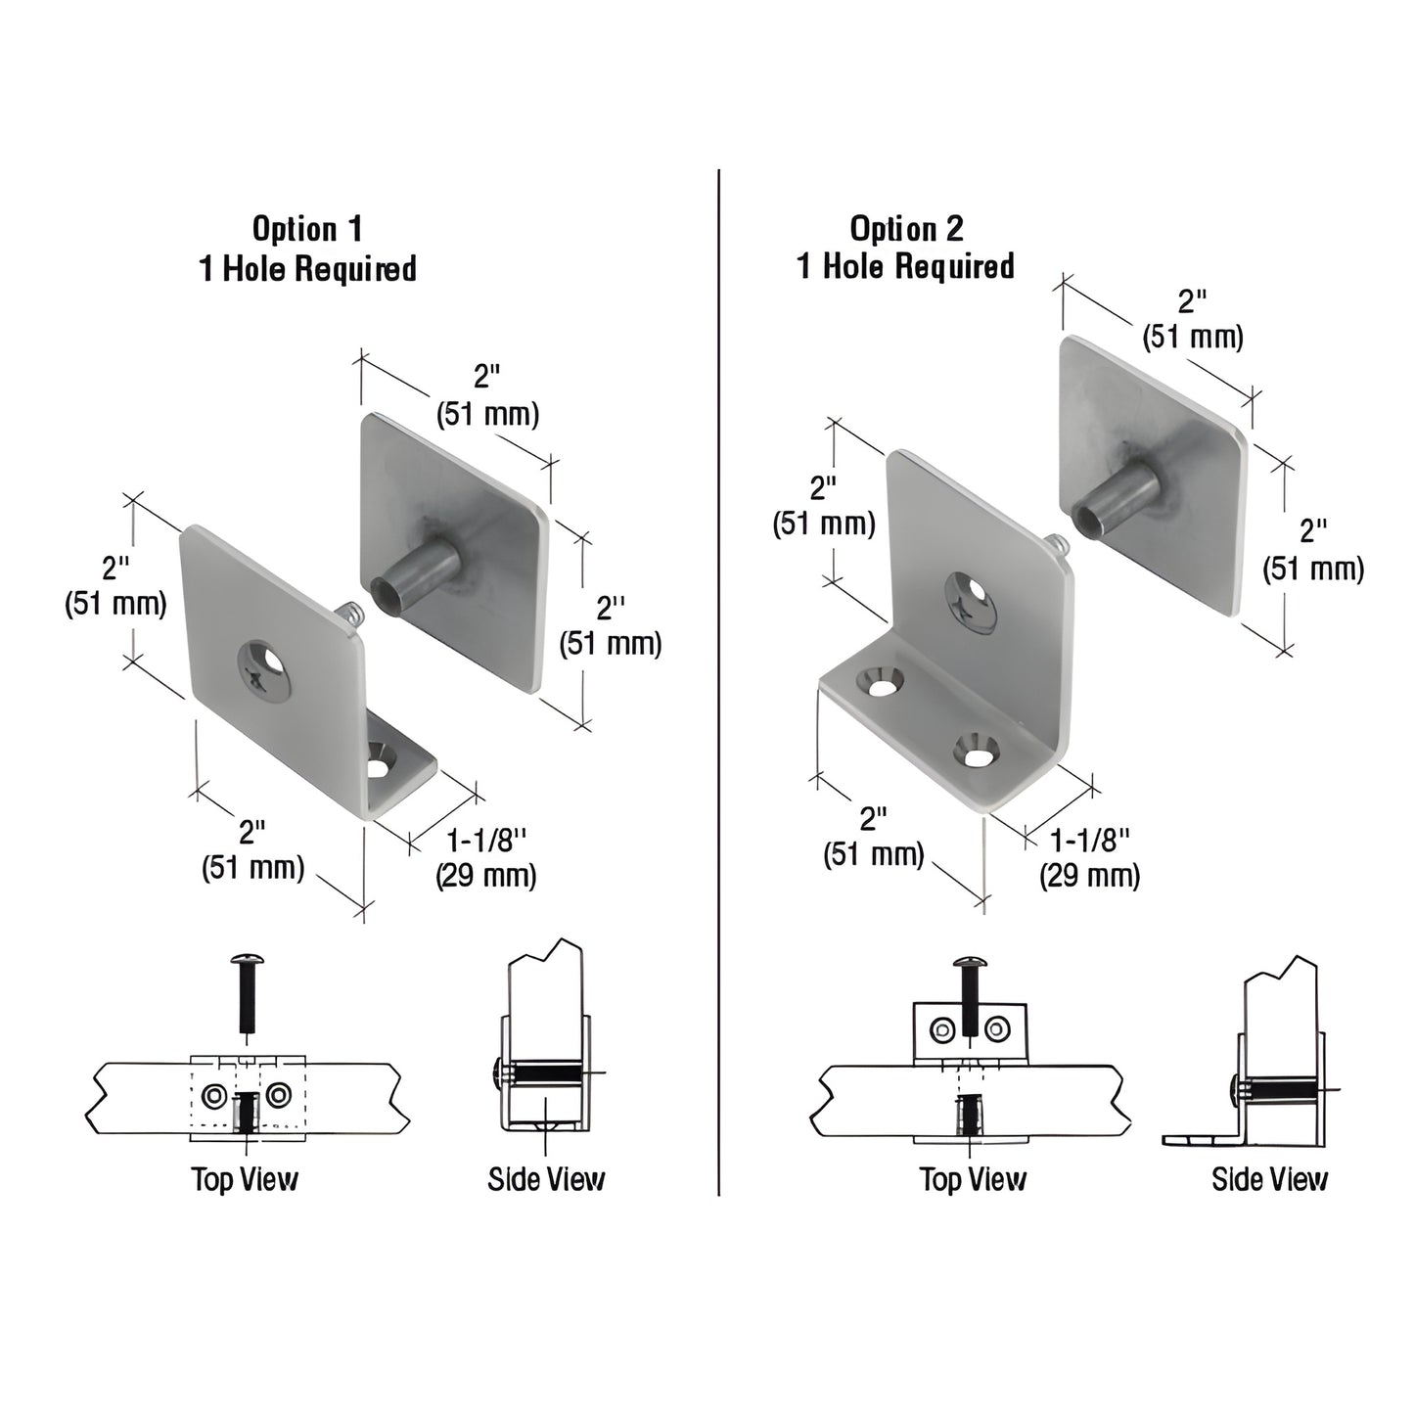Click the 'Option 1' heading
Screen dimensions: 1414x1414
[307, 229]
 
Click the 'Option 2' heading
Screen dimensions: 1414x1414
[906, 229]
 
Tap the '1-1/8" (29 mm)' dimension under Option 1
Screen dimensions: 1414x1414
[486, 857]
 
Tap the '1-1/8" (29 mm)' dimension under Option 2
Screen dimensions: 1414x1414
[1089, 857]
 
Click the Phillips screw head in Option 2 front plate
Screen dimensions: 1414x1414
[970, 599]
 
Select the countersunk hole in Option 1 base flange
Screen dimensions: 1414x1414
[379, 762]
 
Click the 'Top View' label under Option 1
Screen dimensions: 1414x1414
[245, 1179]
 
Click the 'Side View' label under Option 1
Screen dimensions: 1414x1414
[546, 1179]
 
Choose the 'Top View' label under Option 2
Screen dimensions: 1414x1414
[973, 1179]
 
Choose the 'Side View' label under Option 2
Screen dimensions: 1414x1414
[1269, 1179]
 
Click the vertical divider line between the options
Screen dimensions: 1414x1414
[718, 685]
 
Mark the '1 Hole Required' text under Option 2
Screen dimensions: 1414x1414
[906, 266]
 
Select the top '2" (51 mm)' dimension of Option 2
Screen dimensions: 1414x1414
[1193, 318]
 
